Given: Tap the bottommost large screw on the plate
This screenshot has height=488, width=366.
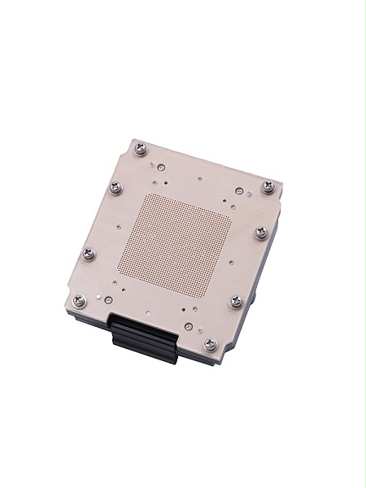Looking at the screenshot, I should (x=210, y=344).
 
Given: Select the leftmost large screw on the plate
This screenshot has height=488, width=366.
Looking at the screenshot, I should (x=79, y=300).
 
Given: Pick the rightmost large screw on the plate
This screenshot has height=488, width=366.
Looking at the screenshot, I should (x=268, y=186).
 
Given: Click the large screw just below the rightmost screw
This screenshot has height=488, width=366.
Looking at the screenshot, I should (x=260, y=233).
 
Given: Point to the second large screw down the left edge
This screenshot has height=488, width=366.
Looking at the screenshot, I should (x=89, y=254).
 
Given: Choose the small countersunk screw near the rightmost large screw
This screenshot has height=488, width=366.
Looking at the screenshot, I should (x=239, y=192).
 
